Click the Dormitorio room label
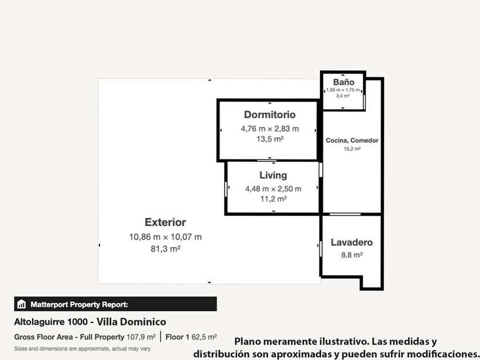[270, 114]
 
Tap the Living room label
[273, 175]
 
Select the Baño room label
[343, 82]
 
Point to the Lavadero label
[352, 242]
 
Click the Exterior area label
[165, 222]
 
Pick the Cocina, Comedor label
[352, 141]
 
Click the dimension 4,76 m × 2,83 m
[270, 129]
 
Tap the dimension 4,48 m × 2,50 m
[273, 189]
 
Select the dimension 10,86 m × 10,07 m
[165, 237]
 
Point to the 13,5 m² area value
[270, 139]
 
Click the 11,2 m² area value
[273, 199]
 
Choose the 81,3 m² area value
[165, 249]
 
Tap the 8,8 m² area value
[352, 255]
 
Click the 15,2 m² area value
[352, 149]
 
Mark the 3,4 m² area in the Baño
[343, 96]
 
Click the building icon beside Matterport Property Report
[22, 304]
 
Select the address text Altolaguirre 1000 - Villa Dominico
[90, 322]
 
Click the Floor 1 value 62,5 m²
[204, 337]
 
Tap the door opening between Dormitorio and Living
[267, 161]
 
